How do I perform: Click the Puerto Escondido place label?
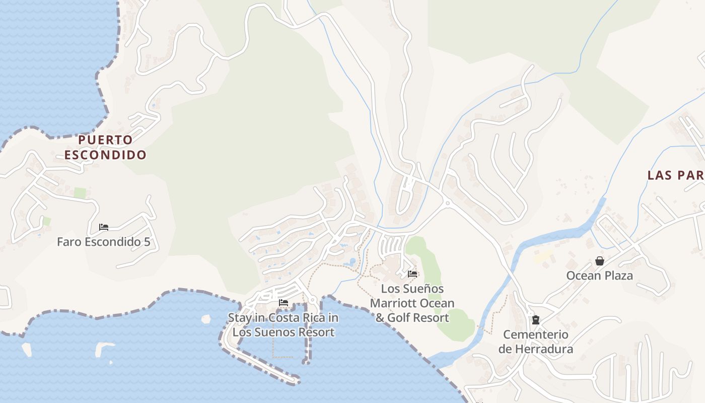tap(105, 147)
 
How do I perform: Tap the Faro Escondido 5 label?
tap(103, 242)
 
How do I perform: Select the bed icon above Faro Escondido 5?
tap(104, 227)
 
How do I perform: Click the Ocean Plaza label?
tap(599, 276)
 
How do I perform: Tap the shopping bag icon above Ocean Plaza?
tap(599, 261)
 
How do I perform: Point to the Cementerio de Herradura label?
tap(536, 342)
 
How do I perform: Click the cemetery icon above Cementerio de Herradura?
tap(536, 320)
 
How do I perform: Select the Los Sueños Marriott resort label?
tap(412, 303)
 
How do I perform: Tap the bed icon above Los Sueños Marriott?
tap(412, 274)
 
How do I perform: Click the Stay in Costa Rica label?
tap(283, 325)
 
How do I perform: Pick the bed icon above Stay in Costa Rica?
tap(284, 303)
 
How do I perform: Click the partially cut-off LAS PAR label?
tap(675, 175)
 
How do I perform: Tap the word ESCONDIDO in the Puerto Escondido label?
tap(105, 155)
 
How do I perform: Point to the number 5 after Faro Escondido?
tap(147, 242)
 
